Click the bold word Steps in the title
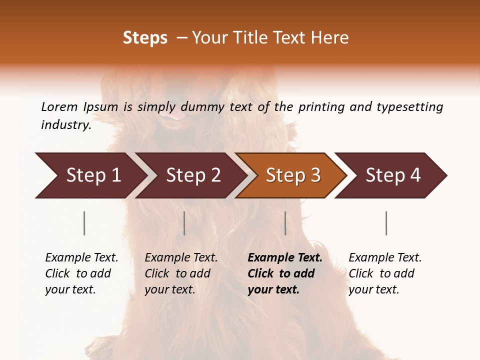click(145, 38)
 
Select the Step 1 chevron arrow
click(90, 175)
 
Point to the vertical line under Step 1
click(84, 223)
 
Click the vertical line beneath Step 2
click(184, 223)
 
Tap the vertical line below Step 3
click(285, 223)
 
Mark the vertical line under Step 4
click(386, 223)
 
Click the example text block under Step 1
click(81, 273)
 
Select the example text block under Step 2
click(181, 273)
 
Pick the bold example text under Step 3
click(285, 273)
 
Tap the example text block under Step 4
click(385, 273)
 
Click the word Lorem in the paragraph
click(59, 107)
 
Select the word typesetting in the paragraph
click(409, 107)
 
